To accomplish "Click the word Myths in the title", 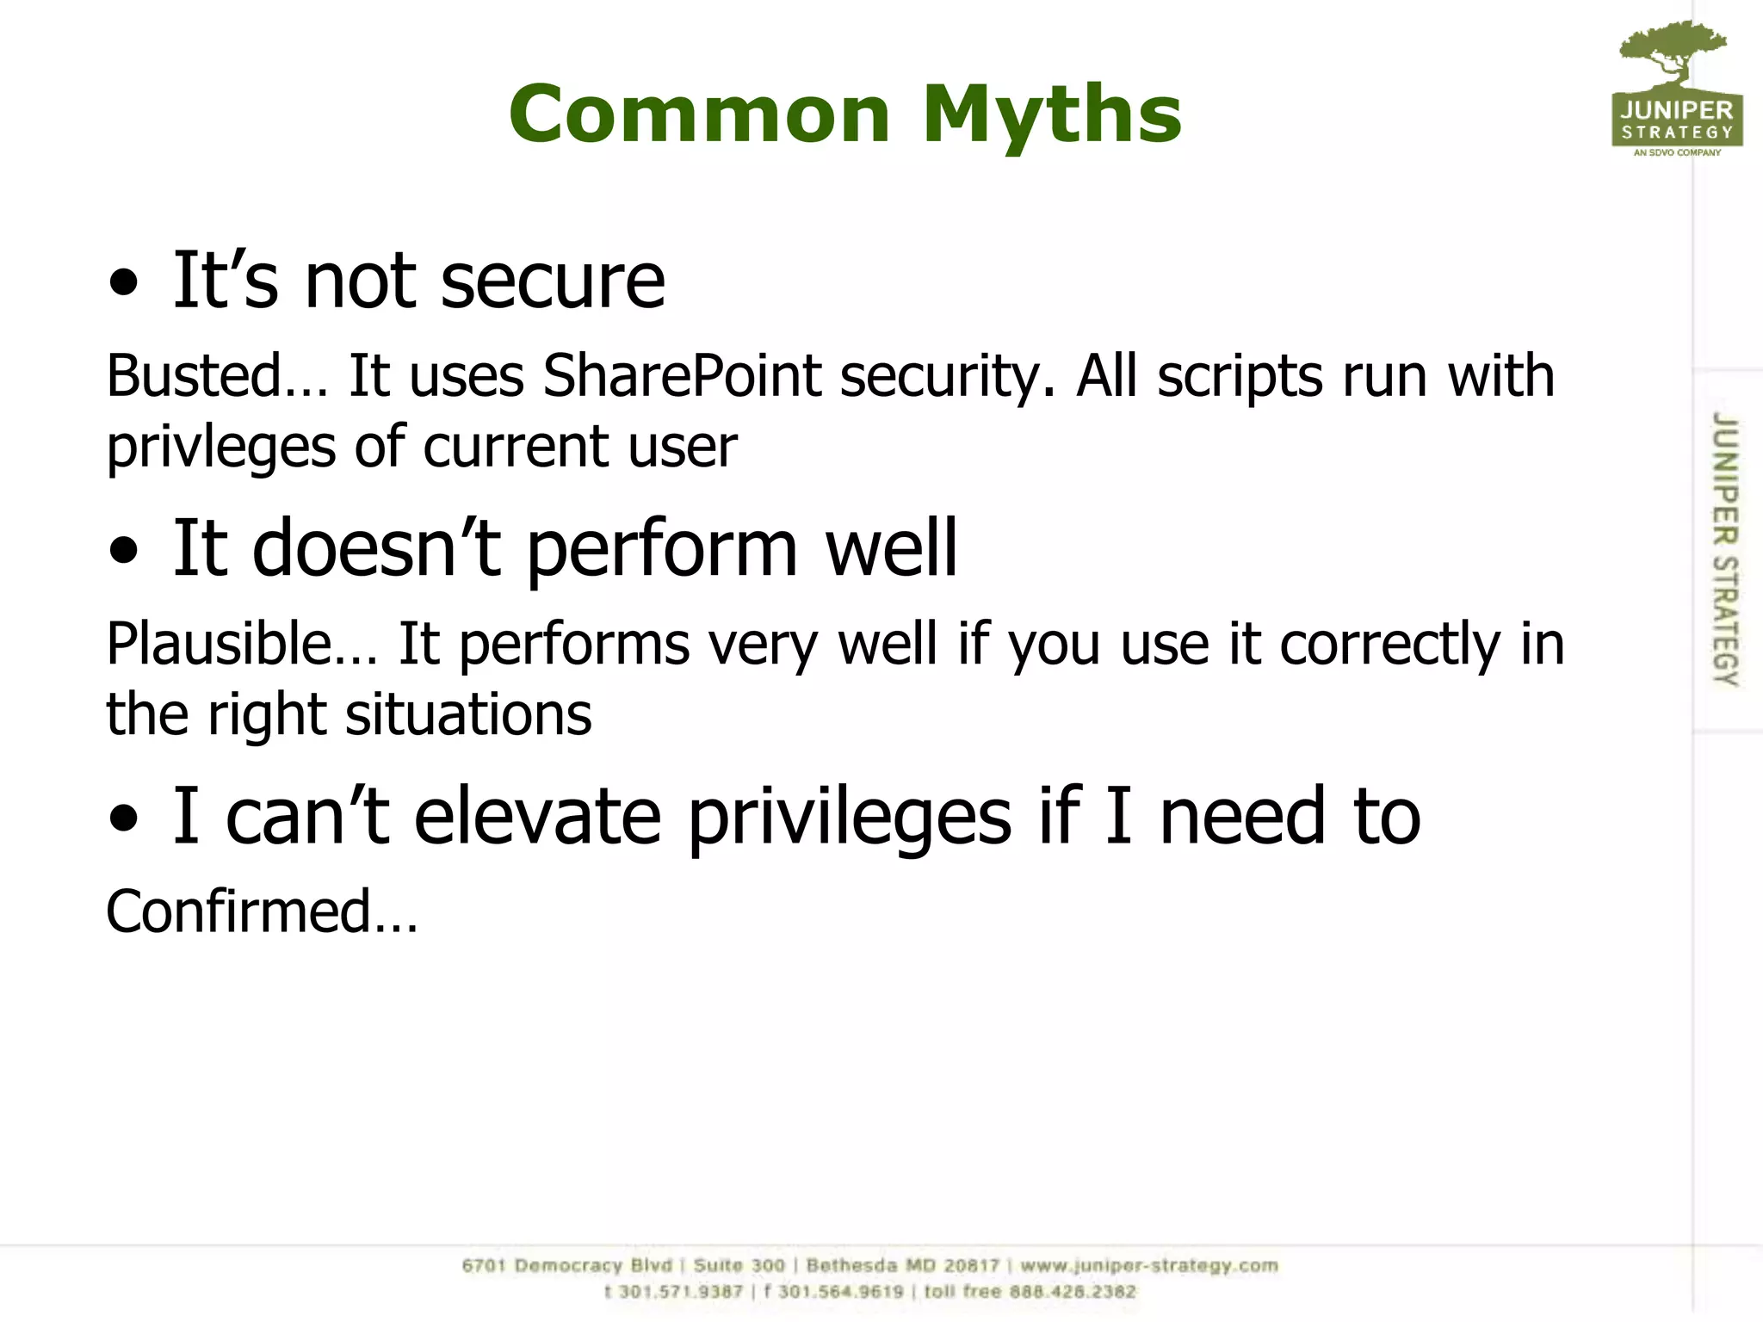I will click(x=1052, y=114).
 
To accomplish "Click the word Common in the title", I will click(x=699, y=114).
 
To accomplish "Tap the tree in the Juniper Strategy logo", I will click(x=1673, y=52).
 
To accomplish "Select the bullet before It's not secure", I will click(x=124, y=283).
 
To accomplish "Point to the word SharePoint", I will click(x=682, y=376).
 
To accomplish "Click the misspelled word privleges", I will click(x=220, y=448).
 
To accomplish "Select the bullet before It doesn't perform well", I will click(x=124, y=552).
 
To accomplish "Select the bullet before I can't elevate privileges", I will click(x=124, y=819).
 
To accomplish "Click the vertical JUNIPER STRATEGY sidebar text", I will click(x=1724, y=549).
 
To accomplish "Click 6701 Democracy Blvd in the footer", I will click(x=566, y=1266).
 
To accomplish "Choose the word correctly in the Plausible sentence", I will click(x=1389, y=644).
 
